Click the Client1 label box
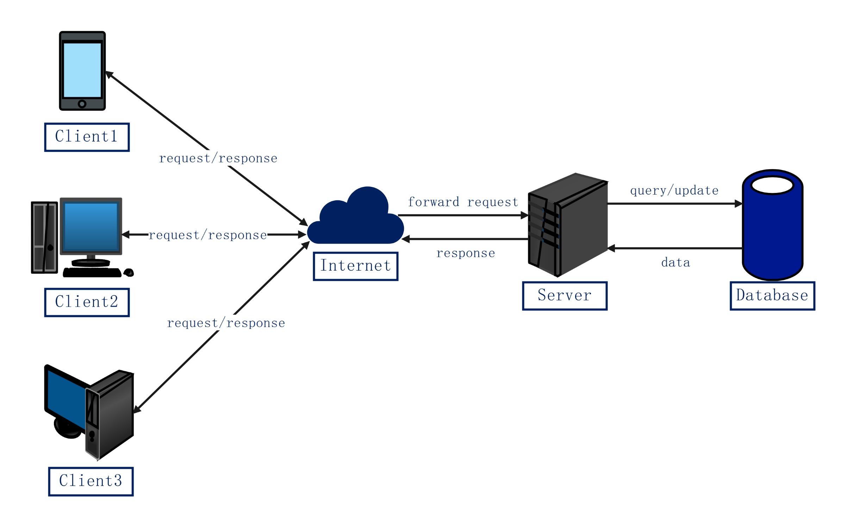tap(87, 137)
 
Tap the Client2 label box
tap(87, 302)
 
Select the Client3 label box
tap(91, 482)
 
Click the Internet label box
tap(355, 266)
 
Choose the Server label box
tap(565, 296)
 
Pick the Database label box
tap(772, 296)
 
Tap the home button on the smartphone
tap(82, 104)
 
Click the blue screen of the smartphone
tap(82, 70)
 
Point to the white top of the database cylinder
tap(772, 185)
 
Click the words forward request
tap(463, 202)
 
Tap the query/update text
tap(674, 191)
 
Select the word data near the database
tap(675, 263)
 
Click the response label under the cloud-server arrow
tap(466, 253)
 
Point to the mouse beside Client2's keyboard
tap(129, 272)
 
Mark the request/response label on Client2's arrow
tap(208, 235)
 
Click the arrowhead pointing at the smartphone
tap(109, 74)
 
